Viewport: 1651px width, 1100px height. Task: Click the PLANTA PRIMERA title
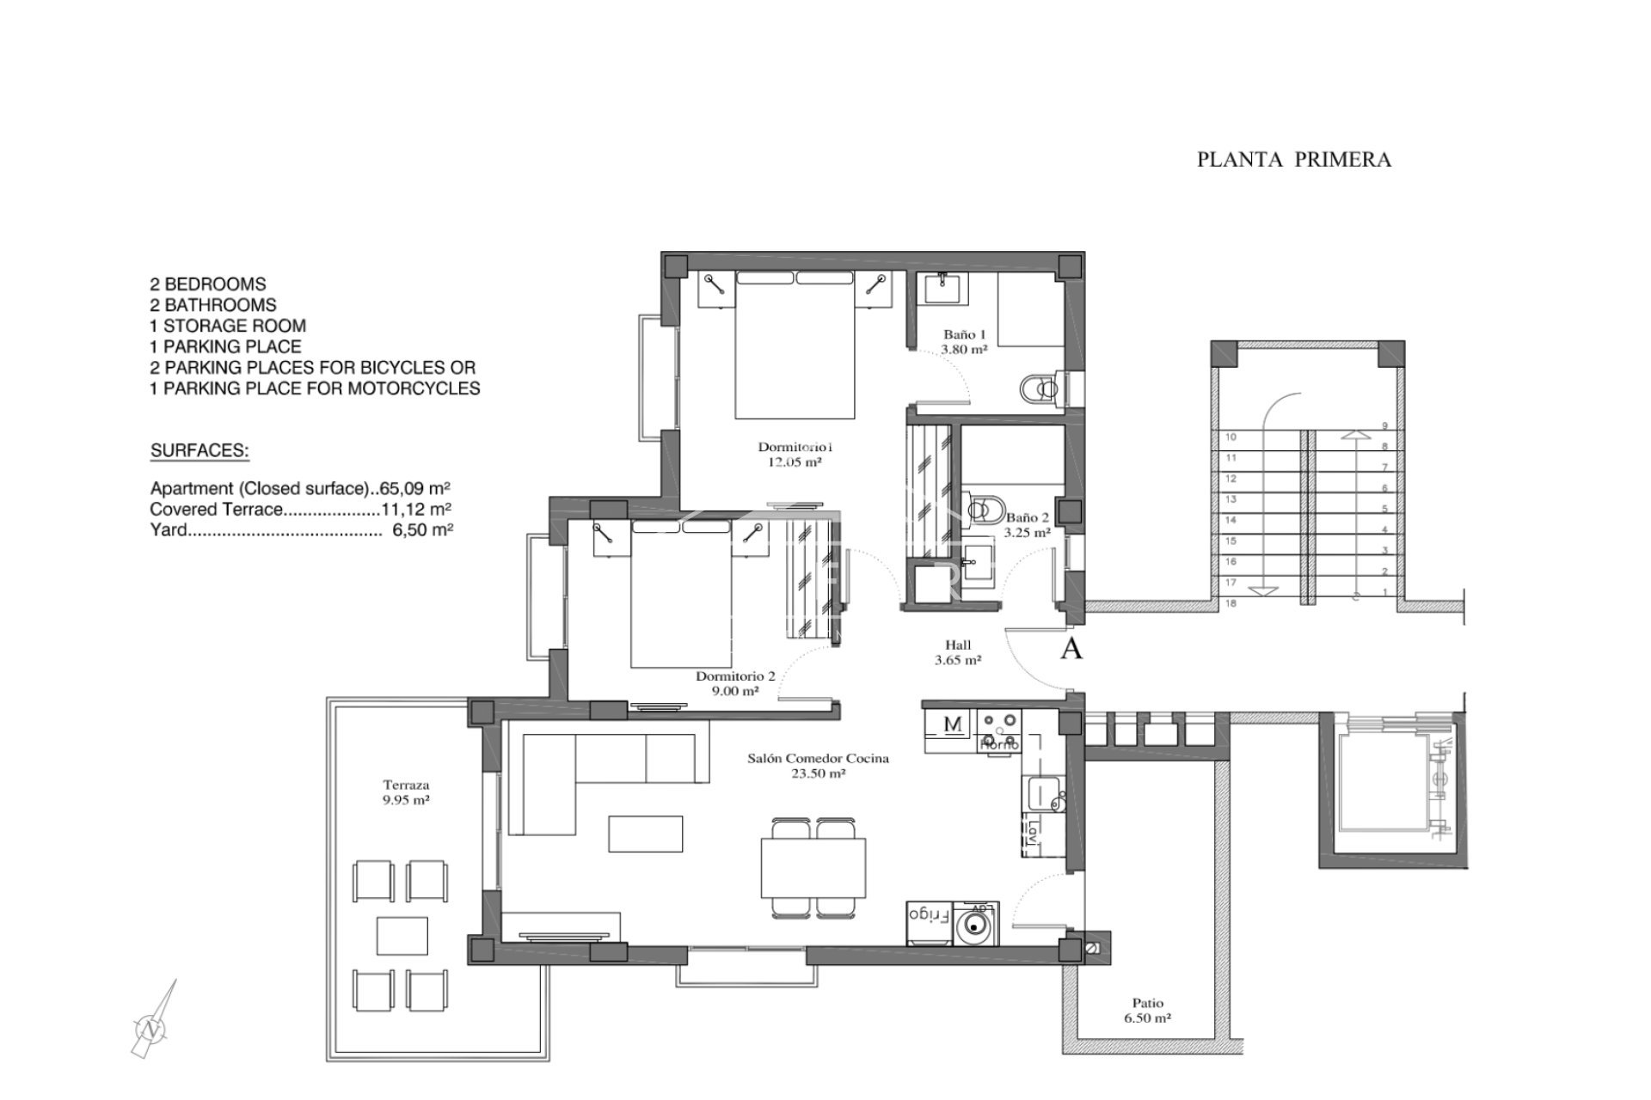[x=1293, y=160]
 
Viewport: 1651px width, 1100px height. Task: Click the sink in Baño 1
[x=944, y=285]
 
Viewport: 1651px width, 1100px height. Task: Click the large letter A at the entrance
[x=1071, y=650]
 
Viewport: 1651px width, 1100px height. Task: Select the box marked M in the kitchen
[x=953, y=725]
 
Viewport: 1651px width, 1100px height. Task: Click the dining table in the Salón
[x=813, y=866]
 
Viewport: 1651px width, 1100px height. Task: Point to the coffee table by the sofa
[x=646, y=834]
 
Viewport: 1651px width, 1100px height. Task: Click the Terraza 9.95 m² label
[x=406, y=791]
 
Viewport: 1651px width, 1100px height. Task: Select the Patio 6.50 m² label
[x=1147, y=1010]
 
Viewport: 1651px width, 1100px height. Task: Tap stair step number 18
[x=1231, y=604]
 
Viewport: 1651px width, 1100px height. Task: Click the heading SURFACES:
[x=199, y=451]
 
